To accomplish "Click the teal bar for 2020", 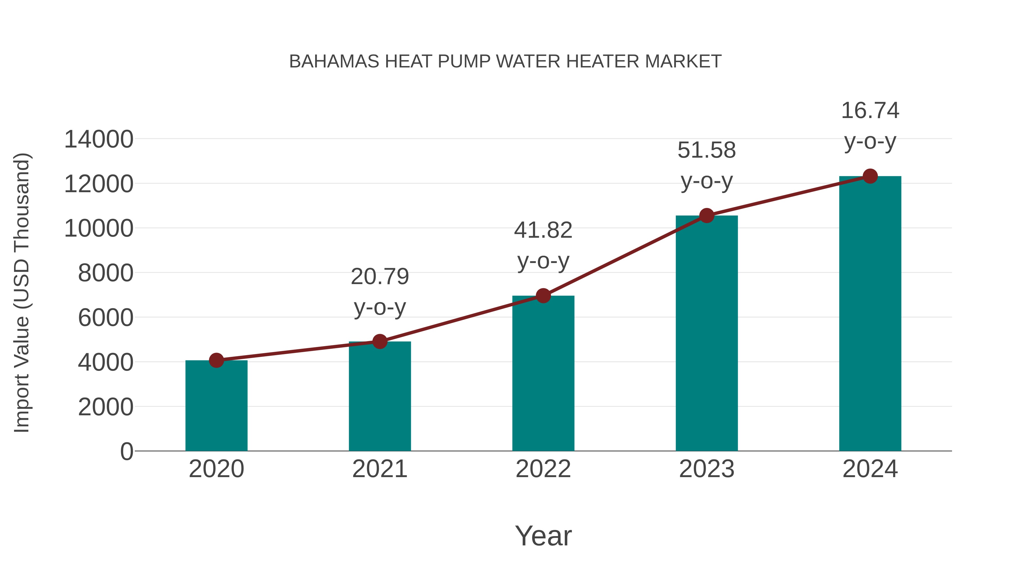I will [216, 406].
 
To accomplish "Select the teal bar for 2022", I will [543, 375].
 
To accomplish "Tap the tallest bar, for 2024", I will [870, 314].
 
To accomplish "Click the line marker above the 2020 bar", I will [217, 360].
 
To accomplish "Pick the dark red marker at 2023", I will [707, 216].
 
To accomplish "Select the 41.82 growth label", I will [543, 230].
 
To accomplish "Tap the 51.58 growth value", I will [707, 150].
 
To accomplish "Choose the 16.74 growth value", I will [870, 111].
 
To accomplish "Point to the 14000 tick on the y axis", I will [99, 139].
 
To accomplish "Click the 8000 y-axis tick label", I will [106, 273].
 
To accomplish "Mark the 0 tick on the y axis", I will [127, 452].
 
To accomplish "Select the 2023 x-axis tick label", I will [707, 469].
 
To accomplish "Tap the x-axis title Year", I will [543, 536].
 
